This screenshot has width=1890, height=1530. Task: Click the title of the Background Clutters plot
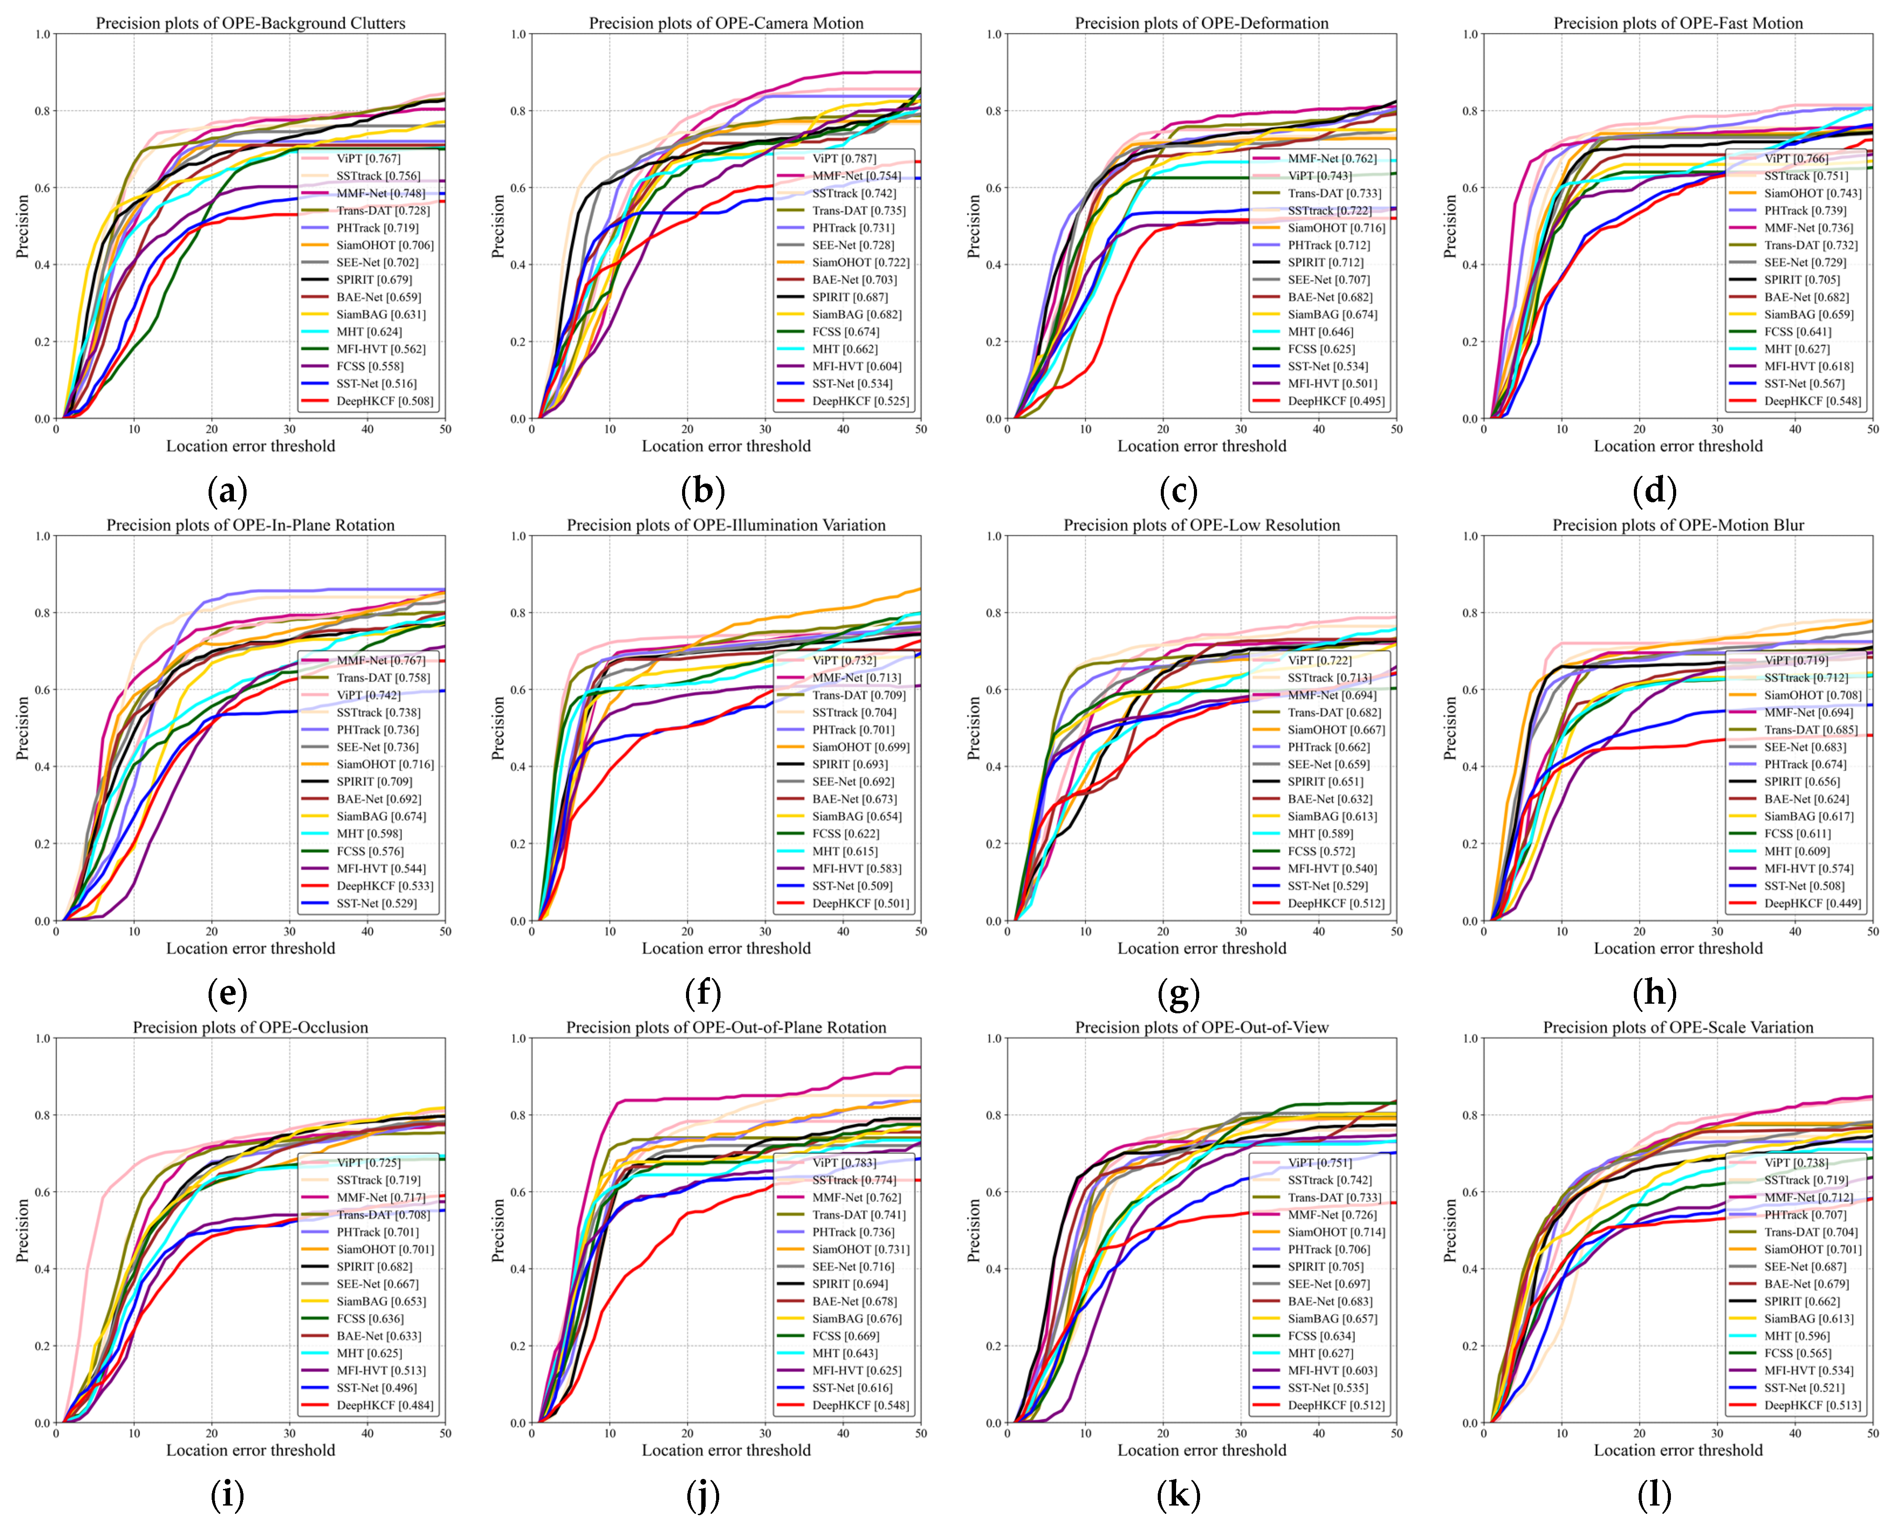250,23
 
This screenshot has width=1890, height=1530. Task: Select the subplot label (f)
702,993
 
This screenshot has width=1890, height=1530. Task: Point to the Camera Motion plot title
726,23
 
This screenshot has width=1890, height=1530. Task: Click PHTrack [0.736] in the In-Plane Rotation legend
377,730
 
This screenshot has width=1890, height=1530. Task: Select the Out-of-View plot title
1202,1028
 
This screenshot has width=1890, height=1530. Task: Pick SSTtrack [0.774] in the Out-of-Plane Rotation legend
853,1180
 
